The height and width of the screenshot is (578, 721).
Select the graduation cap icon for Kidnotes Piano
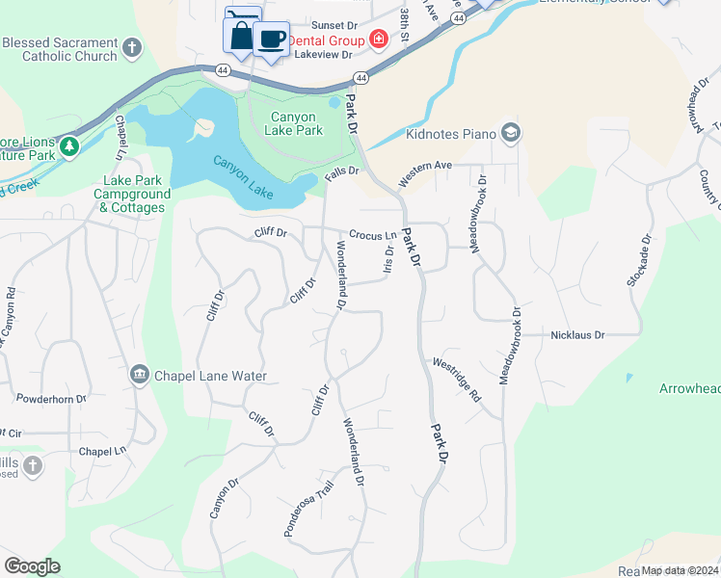[x=511, y=133]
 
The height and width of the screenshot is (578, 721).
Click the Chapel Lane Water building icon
[x=140, y=375]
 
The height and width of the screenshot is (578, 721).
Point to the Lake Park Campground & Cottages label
[x=132, y=194]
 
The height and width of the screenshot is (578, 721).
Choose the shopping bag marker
[x=239, y=36]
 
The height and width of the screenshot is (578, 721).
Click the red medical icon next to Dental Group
[x=379, y=39]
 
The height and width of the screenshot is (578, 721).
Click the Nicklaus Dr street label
[x=577, y=335]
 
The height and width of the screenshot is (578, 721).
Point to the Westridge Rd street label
[x=456, y=379]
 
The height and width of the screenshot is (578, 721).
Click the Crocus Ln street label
[x=373, y=235]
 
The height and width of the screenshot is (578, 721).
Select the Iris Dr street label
[x=388, y=261]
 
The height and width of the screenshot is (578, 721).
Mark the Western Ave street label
[x=425, y=173]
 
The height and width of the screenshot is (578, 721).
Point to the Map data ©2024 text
[x=679, y=570]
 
